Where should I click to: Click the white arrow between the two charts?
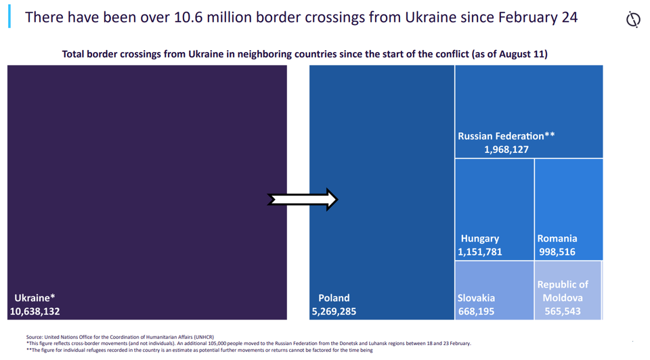[x=302, y=200]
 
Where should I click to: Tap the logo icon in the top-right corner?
[x=633, y=20]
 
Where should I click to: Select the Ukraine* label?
[x=35, y=298]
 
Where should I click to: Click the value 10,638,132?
[x=35, y=312]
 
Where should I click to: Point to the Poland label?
[x=334, y=298]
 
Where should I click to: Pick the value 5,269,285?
[x=334, y=312]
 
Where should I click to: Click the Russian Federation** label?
[x=506, y=136]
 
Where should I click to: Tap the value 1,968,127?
[x=506, y=150]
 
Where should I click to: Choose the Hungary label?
[x=480, y=238]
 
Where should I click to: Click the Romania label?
[x=557, y=238]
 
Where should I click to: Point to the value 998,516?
[x=557, y=252]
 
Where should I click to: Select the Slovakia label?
[x=477, y=298]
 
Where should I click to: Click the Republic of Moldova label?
[x=563, y=291]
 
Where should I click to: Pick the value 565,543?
[x=563, y=312]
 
